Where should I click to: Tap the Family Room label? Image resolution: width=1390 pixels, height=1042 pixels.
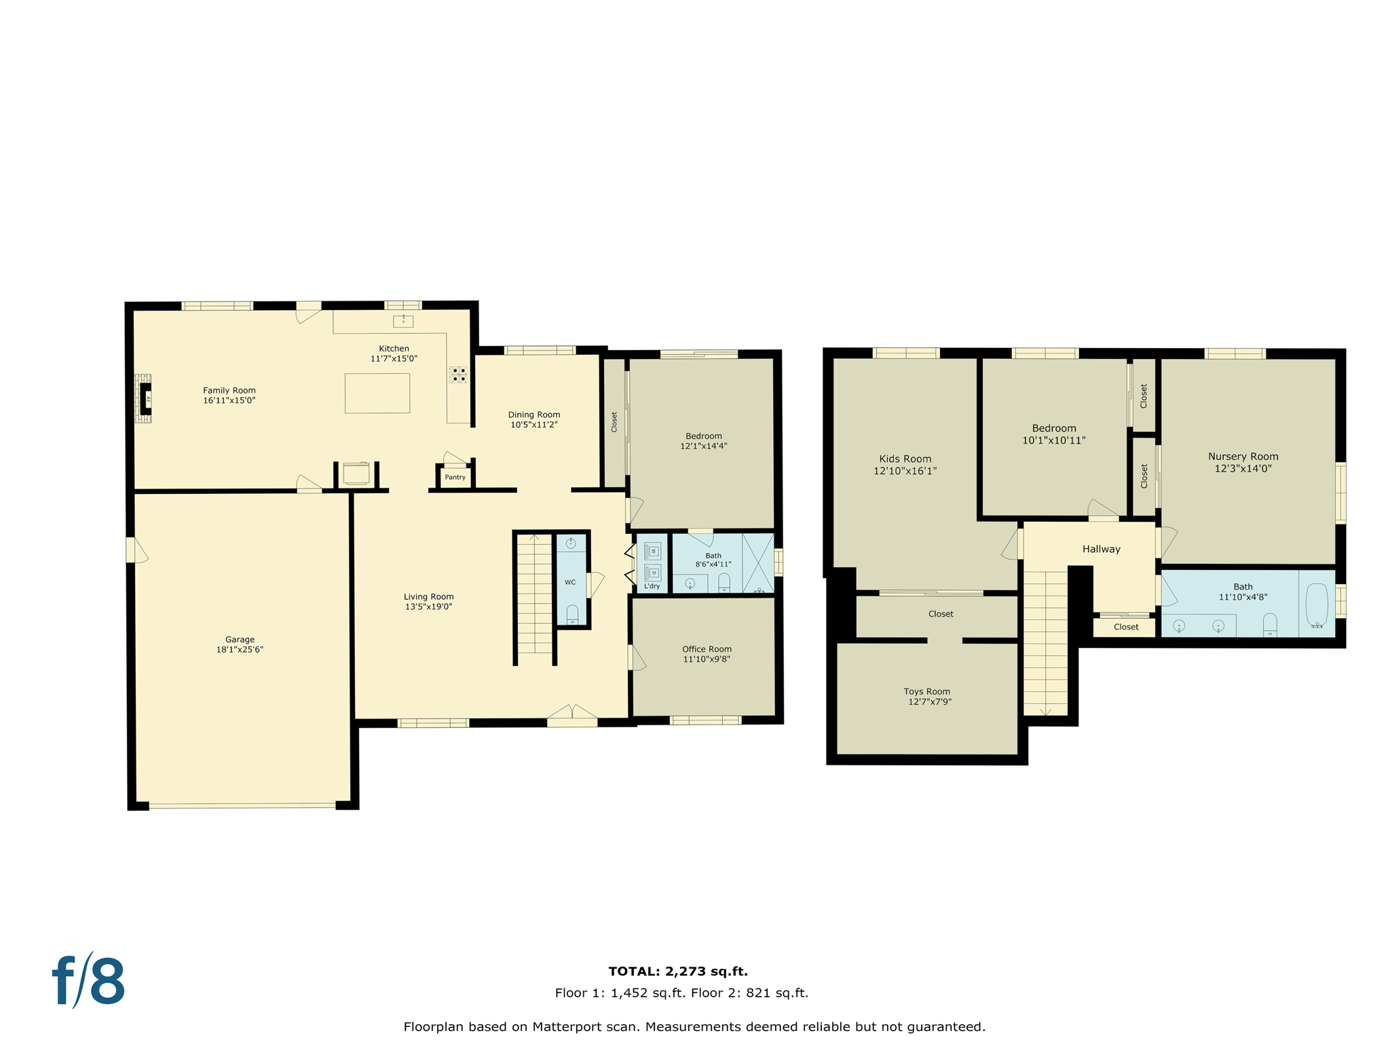click(229, 390)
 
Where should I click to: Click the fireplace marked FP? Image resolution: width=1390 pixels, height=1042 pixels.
click(145, 399)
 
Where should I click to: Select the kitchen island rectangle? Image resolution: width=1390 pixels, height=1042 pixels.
click(377, 393)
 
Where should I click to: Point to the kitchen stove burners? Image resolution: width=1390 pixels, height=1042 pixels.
click(458, 374)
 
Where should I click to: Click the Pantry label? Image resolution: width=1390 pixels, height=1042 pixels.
click(455, 477)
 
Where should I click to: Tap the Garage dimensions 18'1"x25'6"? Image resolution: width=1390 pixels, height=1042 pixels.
click(240, 649)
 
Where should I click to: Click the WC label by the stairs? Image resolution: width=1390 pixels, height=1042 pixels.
click(570, 582)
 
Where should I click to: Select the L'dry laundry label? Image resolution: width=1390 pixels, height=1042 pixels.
click(652, 586)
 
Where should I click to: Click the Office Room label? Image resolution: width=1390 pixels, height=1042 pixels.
click(707, 649)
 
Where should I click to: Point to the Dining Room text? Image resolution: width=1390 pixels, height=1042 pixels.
click(534, 414)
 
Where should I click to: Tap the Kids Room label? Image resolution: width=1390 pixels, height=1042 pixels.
click(905, 459)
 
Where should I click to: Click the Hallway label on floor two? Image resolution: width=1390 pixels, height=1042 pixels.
click(1101, 549)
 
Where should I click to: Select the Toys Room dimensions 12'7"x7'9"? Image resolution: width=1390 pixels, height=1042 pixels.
click(929, 702)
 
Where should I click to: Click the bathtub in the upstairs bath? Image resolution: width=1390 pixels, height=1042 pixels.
click(1317, 604)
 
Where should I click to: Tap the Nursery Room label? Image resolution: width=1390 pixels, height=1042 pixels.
click(1243, 457)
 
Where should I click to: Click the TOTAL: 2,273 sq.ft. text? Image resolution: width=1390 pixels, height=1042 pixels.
click(678, 971)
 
